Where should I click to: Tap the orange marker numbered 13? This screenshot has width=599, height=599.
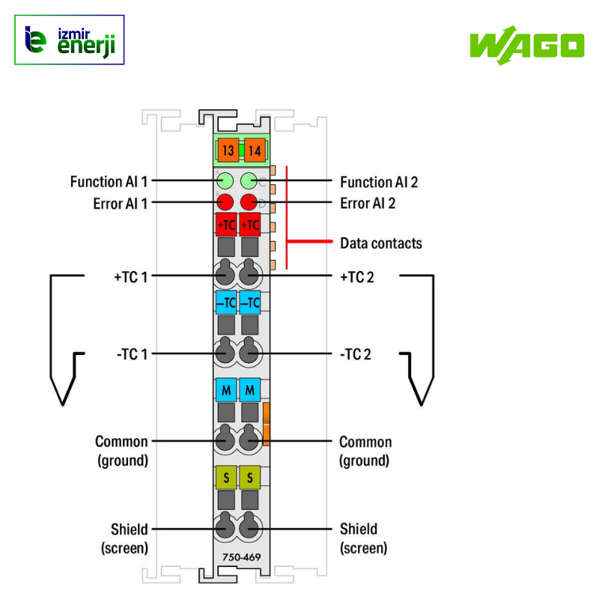point(228,150)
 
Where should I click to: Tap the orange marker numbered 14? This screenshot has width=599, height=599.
point(255,150)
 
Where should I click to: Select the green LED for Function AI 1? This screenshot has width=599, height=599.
point(225,180)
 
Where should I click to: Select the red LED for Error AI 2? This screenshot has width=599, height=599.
point(249,202)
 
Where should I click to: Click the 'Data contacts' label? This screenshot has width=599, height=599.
point(380,243)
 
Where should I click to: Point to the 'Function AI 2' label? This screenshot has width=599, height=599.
point(379,182)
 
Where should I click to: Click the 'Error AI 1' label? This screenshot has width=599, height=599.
point(121,203)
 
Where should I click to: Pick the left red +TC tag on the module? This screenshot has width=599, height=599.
point(226,225)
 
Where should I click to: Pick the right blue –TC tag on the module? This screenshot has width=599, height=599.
point(250,302)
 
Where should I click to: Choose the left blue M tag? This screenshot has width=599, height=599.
point(226,390)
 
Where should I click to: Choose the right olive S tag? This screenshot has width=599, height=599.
point(250,476)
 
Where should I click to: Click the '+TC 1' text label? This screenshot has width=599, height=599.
point(130,276)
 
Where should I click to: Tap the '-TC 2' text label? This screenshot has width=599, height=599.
point(355,354)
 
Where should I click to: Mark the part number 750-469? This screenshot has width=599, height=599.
point(237,556)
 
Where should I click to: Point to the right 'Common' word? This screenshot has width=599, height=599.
point(365,442)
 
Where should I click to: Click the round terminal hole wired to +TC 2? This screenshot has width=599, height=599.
point(249,275)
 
